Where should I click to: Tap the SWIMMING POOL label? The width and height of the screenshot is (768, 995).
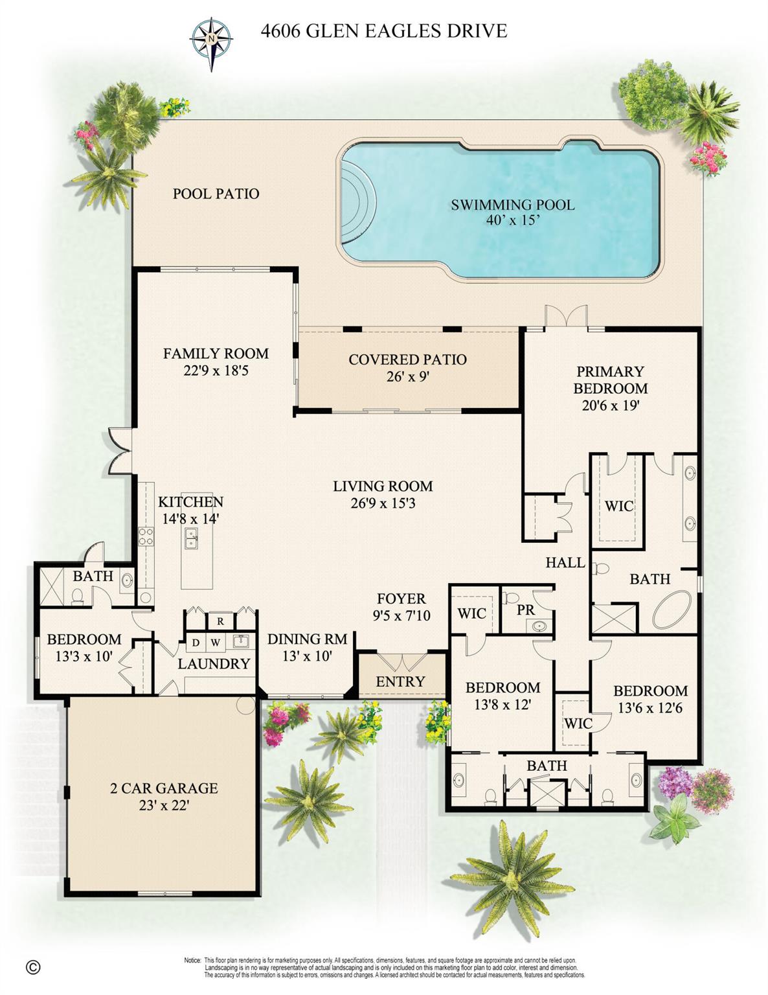click(513, 204)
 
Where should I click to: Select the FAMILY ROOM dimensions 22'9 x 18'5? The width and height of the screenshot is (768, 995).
click(216, 370)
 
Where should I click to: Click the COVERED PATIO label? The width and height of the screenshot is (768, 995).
click(407, 360)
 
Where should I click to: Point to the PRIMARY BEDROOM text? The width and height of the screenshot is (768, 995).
click(610, 380)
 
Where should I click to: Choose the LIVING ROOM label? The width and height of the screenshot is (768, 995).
click(383, 486)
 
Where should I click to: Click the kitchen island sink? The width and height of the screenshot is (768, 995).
click(191, 538)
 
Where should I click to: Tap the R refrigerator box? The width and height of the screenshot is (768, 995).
click(220, 621)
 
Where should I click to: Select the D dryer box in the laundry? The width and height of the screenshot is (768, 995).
click(196, 643)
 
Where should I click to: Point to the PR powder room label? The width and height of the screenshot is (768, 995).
click(525, 610)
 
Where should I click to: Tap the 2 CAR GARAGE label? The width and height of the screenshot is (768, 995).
click(164, 788)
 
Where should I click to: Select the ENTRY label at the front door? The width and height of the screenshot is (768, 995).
click(400, 681)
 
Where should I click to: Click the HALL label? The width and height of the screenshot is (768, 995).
click(565, 562)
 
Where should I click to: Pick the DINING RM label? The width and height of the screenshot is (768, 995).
click(307, 639)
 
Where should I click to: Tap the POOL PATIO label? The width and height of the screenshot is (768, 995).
click(216, 194)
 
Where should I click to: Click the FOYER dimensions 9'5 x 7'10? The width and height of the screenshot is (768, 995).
click(401, 615)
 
